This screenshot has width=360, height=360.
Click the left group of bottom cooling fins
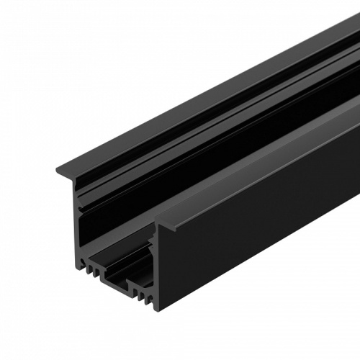pos(90,271)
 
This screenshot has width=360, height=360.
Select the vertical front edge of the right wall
pos(156,266)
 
